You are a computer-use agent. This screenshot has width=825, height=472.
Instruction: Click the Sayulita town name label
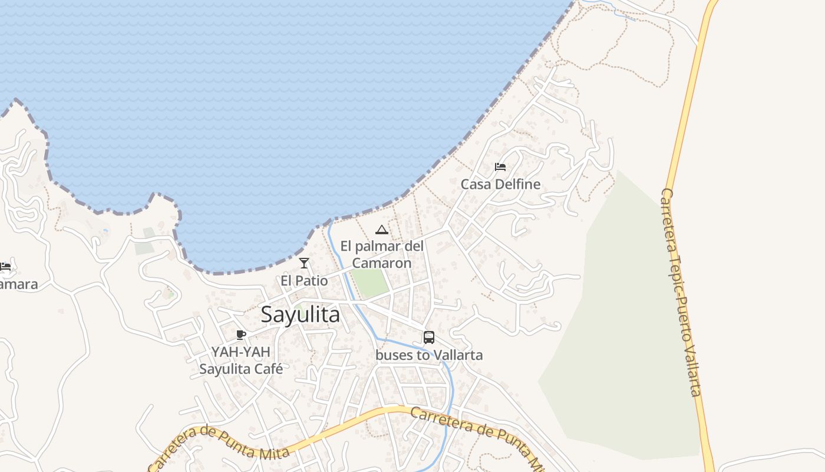coord(300,314)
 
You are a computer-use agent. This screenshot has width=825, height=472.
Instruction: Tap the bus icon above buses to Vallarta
coord(429,337)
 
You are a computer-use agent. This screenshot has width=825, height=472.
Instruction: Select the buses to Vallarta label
coord(429,355)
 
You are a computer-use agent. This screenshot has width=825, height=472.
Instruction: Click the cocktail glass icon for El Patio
coord(304,263)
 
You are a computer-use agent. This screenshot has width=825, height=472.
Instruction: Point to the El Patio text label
coord(304,281)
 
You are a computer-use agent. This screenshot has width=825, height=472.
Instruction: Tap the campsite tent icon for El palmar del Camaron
coord(382,230)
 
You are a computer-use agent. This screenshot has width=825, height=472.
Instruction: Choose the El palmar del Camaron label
coord(382,254)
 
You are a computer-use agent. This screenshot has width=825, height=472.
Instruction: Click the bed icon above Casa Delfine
coord(500,167)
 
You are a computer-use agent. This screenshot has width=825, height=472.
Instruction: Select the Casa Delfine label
coord(500,184)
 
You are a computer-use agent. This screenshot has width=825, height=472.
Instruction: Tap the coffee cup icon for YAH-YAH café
coord(240,335)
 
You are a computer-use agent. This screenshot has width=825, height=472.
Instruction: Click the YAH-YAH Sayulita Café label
coord(240,360)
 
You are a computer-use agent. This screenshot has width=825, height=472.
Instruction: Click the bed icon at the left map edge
coord(5,267)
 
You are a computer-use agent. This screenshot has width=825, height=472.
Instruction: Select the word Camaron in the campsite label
coord(382,263)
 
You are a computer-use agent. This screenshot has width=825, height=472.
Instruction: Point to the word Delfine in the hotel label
coord(519,184)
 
